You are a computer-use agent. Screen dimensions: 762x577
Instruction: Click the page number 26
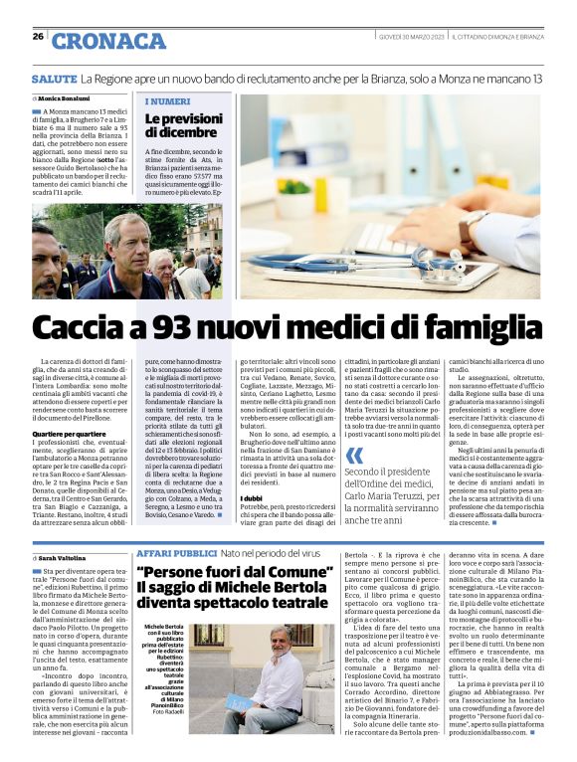38,37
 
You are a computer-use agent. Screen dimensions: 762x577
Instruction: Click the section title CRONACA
109,41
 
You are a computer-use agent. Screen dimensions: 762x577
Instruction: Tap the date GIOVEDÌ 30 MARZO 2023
411,37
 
